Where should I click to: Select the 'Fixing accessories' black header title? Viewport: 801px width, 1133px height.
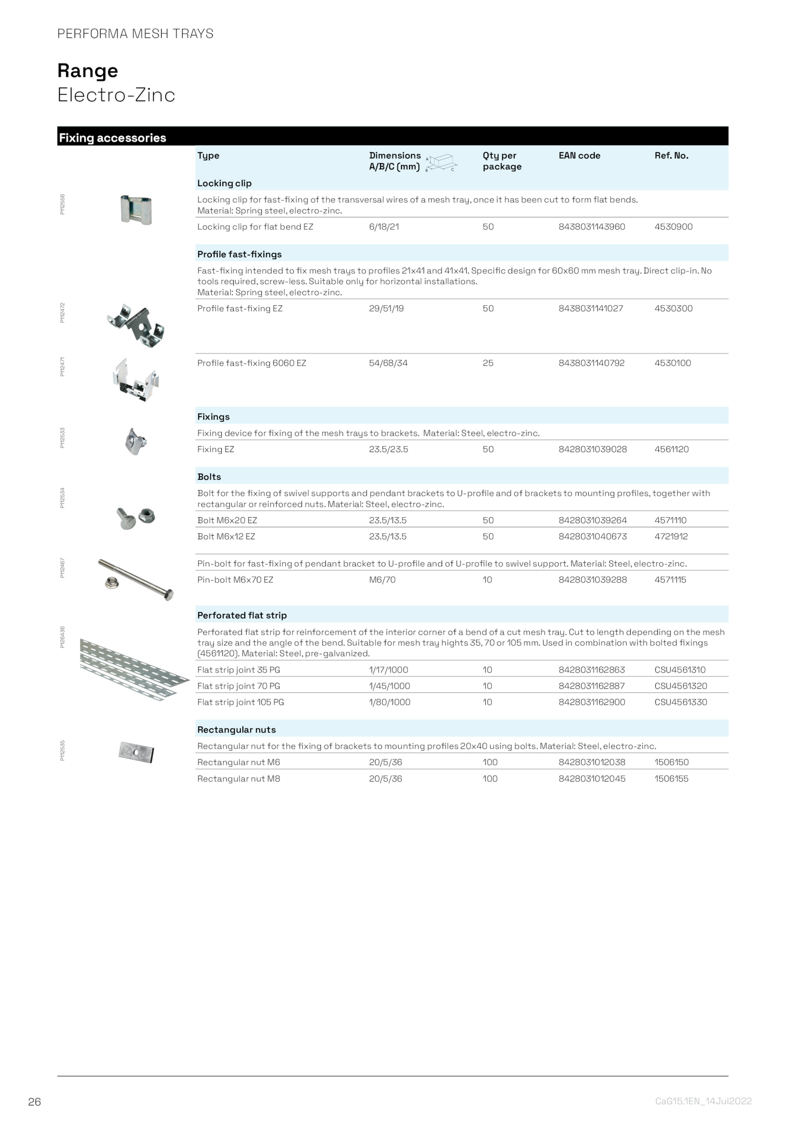(113, 138)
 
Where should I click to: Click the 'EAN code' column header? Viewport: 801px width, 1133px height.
(579, 156)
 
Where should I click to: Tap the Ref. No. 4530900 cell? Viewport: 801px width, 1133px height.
(673, 227)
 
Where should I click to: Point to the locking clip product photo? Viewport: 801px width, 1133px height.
(136, 210)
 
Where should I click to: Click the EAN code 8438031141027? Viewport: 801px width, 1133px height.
(591, 308)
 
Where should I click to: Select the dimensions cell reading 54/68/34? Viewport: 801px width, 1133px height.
(388, 363)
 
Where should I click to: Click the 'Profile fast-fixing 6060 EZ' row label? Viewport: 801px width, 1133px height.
(251, 363)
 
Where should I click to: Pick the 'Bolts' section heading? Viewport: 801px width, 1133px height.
(209, 477)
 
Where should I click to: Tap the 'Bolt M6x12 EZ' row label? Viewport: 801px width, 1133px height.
(226, 536)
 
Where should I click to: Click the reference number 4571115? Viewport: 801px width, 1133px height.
(670, 580)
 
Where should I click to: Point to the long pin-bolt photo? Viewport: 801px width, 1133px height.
(136, 579)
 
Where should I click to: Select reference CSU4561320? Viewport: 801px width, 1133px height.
(680, 686)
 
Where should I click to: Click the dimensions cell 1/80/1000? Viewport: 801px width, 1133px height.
(389, 702)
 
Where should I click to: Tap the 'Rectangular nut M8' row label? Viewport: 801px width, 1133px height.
(238, 779)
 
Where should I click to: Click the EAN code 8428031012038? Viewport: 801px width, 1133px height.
(592, 762)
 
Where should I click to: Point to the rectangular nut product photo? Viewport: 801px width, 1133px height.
(136, 752)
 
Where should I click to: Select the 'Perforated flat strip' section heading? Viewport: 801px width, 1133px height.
(242, 615)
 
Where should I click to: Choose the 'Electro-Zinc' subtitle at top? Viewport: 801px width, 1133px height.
(116, 95)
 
